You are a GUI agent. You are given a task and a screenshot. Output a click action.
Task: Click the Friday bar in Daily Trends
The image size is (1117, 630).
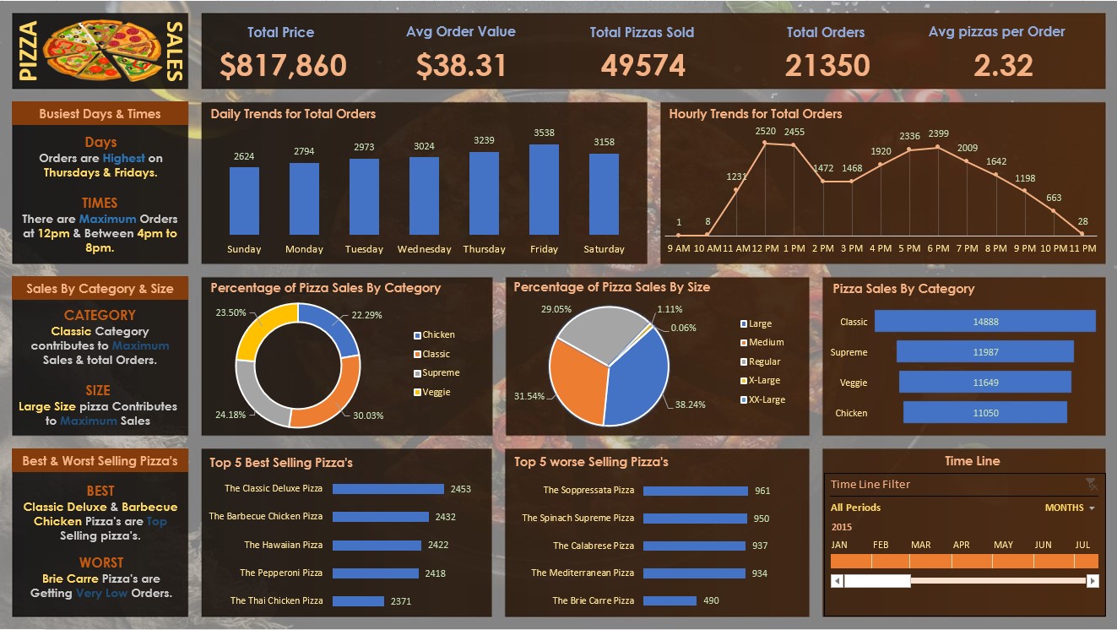click(544, 190)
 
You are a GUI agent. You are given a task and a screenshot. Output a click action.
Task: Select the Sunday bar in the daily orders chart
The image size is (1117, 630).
click(244, 201)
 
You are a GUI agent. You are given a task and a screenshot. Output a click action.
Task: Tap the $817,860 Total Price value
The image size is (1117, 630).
click(283, 65)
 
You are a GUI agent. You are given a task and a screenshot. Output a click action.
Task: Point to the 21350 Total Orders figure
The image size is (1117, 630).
click(826, 65)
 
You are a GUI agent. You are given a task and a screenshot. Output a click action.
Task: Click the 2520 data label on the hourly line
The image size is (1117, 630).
click(765, 132)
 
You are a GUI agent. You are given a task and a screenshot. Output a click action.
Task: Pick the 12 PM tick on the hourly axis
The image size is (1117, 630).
click(765, 248)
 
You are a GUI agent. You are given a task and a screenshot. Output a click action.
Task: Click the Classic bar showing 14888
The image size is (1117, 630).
click(984, 322)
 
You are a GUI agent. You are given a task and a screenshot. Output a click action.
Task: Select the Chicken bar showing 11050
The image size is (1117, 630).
click(984, 413)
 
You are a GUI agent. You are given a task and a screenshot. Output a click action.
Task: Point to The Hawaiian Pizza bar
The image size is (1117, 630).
click(377, 546)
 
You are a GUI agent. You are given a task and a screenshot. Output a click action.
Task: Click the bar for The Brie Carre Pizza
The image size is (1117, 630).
click(670, 601)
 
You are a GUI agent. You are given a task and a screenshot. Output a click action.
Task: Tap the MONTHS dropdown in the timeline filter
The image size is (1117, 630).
click(1069, 508)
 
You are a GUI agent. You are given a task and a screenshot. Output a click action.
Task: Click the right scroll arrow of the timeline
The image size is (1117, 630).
click(1093, 581)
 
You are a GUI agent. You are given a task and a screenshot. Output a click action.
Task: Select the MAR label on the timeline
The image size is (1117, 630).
click(920, 545)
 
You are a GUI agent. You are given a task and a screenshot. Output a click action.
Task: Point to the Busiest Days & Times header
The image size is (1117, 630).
click(100, 114)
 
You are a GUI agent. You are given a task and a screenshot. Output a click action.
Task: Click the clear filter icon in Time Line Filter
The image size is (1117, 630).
click(1091, 484)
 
